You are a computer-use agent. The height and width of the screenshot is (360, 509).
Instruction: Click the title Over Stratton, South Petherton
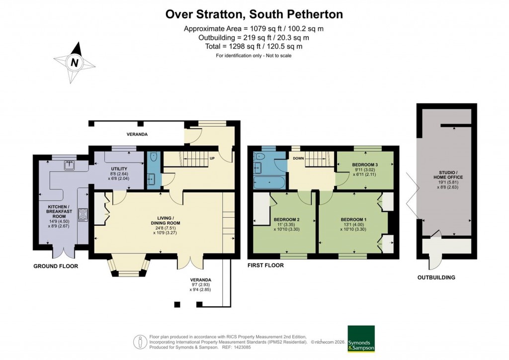click(254, 14)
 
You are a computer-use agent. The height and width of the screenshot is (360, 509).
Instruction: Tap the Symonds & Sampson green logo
click(360, 339)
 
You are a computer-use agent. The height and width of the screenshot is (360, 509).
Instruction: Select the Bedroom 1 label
click(353, 219)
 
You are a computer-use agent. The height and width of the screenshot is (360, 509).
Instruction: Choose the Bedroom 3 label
click(365, 165)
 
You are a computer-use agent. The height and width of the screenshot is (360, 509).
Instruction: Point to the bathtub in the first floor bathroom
click(269, 181)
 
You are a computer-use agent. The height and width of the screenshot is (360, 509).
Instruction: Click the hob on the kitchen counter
click(83, 214)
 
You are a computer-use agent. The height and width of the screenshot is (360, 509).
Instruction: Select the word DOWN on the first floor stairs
click(298, 159)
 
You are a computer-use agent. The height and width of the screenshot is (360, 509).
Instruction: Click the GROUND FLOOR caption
click(55, 266)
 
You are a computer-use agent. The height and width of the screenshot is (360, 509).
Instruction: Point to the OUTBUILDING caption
click(436, 277)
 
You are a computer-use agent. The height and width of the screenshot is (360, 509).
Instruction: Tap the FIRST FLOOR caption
click(265, 266)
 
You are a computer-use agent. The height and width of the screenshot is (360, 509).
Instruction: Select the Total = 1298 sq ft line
click(254, 46)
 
